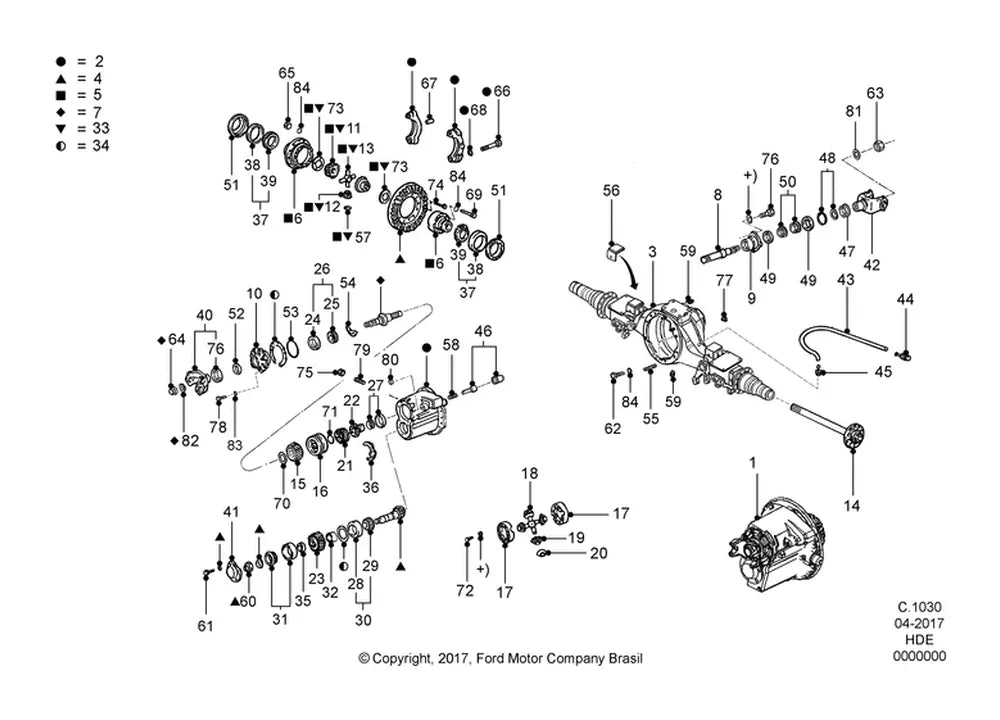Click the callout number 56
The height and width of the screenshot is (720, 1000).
pos(611,190)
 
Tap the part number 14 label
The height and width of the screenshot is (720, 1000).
pos(852,506)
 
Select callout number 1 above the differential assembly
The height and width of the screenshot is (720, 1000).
pos(753,462)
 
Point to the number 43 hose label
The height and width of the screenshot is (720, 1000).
pos(846,279)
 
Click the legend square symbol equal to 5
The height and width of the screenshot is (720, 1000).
pos(61,95)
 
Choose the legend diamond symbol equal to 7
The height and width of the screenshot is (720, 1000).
pos(61,112)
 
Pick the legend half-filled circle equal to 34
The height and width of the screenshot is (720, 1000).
pos(61,145)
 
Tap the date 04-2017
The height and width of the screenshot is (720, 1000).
pos(919,623)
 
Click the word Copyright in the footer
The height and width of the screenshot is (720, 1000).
pos(401,658)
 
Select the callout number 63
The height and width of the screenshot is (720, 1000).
pos(875,93)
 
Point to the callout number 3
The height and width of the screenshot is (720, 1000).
pos(652,252)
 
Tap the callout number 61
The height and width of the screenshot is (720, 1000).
pos(205,626)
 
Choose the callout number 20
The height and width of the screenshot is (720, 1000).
pos(598,553)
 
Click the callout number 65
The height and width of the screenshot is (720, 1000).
pos(287,73)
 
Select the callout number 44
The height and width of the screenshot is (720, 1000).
pos(905,299)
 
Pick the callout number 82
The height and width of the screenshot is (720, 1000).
pos(190,441)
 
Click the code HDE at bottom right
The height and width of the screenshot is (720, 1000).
pos(919,640)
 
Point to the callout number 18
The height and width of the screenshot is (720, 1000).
pos(529,473)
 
